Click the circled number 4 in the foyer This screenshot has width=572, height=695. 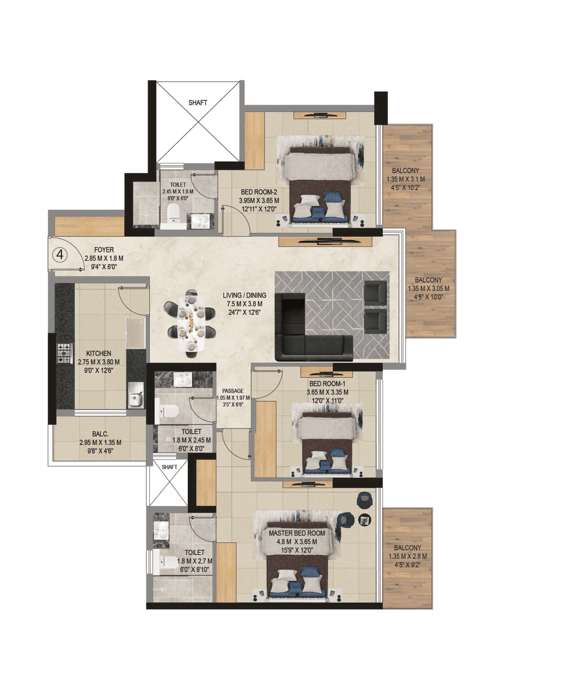click(60, 255)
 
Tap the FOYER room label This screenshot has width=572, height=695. click(104, 250)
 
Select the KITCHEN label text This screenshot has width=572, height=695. click(99, 353)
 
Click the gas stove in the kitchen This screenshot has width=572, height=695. click(65, 353)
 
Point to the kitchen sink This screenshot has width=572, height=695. click(136, 395)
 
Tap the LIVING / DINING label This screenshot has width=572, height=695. click(244, 295)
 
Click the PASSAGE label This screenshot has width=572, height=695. click(233, 391)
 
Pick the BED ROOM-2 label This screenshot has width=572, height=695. click(259, 192)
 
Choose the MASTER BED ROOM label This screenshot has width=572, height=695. click(297, 533)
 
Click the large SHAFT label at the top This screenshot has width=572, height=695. click(198, 103)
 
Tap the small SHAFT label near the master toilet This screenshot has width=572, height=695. click(169, 467)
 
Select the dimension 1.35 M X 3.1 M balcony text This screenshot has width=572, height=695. click(406, 179)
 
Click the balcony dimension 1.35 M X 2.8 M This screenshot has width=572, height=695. click(408, 557)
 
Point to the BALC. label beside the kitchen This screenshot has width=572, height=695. click(100, 434)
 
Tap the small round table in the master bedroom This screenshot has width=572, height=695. click(365, 519)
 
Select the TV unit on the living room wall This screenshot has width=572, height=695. click(325, 242)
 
